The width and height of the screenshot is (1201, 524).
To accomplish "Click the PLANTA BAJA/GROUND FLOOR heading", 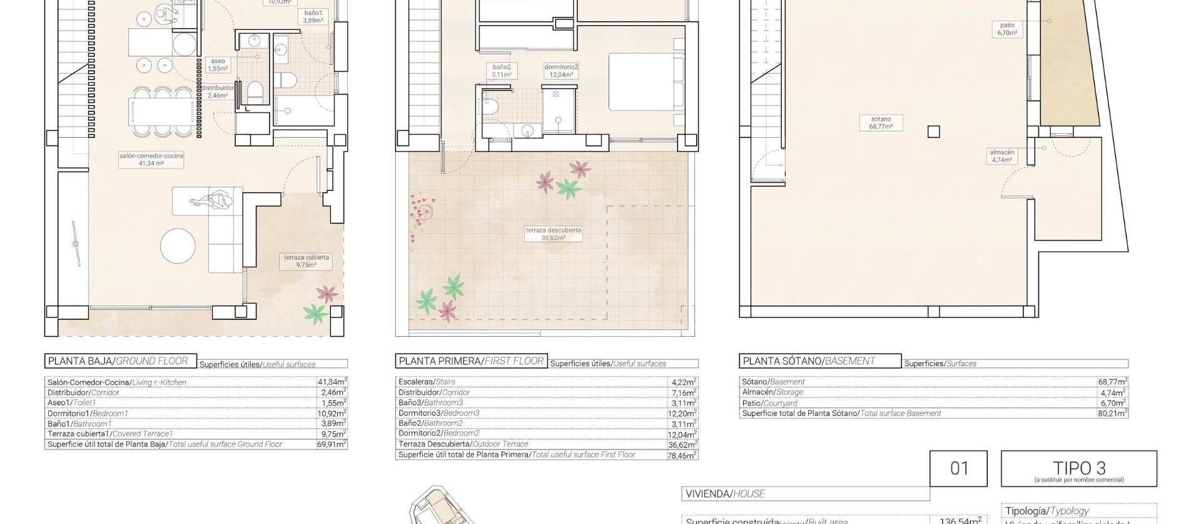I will (x=118, y=361).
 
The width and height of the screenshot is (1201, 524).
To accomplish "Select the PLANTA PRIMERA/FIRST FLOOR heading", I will (x=471, y=361).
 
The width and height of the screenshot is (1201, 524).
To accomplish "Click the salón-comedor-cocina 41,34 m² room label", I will (x=151, y=159).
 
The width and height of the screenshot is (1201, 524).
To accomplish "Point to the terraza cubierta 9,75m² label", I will (x=307, y=261).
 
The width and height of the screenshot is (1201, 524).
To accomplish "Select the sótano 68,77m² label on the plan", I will (x=880, y=123).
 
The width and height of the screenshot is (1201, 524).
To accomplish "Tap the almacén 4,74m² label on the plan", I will (x=1001, y=156).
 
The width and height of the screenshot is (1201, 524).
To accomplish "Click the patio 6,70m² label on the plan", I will (x=1007, y=29).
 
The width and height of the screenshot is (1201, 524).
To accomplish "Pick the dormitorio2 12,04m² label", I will (x=561, y=71).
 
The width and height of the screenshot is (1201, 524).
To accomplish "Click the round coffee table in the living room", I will (x=178, y=246).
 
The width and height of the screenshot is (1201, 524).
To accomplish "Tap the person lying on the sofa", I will (x=212, y=201).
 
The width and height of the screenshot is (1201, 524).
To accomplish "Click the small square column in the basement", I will (x=933, y=131).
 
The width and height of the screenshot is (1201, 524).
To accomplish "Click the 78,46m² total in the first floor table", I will (x=682, y=455).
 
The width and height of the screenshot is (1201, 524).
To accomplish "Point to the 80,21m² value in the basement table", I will (x=1113, y=413).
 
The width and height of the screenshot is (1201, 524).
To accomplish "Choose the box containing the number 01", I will (x=958, y=468).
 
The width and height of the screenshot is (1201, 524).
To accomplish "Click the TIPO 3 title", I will (x=1078, y=468).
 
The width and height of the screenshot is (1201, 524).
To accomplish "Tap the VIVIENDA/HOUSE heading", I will (x=725, y=493).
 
